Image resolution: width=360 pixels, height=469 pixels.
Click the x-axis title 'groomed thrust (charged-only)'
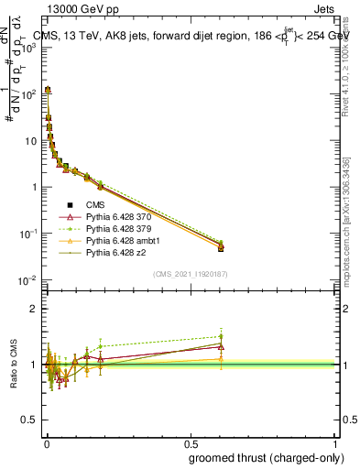pyautogui.click(x=260, y=458)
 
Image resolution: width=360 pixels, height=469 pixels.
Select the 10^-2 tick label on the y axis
pyautogui.click(x=31, y=280)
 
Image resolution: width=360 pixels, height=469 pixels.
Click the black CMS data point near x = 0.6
pyautogui.click(x=220, y=247)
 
